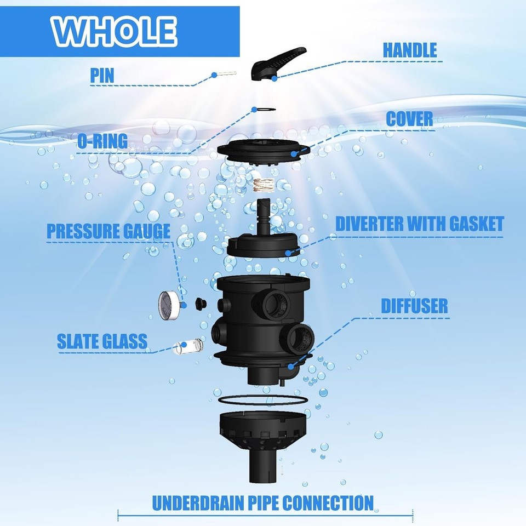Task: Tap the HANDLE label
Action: (409, 50)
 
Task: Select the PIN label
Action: (102, 75)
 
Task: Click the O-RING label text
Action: (102, 141)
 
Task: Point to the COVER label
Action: (409, 119)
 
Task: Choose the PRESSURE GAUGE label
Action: (108, 231)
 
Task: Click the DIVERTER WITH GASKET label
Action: (419, 224)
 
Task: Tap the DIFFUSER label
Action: (414, 306)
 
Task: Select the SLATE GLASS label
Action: (102, 341)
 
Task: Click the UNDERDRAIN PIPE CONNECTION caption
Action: (262, 502)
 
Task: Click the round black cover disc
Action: (262, 148)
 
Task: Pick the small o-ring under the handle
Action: (262, 110)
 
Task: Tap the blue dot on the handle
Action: (274, 78)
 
